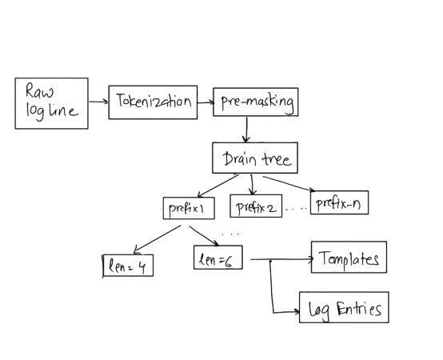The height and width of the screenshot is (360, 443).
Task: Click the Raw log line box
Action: (51, 103)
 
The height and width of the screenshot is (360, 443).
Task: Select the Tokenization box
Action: (153, 102)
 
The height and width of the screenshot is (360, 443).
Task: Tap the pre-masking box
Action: (255, 102)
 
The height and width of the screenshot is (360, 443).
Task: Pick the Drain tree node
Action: (255, 158)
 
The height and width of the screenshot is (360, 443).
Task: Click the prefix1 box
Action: (189, 208)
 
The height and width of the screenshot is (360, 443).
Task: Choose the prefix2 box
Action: (256, 206)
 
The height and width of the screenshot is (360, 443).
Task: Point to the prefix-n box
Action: (339, 202)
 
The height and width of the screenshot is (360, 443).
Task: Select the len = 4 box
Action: (128, 266)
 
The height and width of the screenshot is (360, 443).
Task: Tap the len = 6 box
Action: (218, 257)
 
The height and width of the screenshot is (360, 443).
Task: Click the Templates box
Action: (349, 257)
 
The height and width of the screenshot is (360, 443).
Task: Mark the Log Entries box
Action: (344, 307)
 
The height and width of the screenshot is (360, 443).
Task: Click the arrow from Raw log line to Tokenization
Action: (98, 102)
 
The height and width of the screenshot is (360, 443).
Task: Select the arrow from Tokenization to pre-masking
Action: (206, 102)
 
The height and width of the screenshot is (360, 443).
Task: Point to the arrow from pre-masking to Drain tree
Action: (246, 130)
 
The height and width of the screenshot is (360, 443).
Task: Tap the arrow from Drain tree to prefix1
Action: (218, 186)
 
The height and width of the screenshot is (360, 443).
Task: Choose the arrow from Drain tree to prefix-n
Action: (289, 184)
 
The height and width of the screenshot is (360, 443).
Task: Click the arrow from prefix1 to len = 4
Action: (157, 239)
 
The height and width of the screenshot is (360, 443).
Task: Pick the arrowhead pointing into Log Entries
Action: (297, 312)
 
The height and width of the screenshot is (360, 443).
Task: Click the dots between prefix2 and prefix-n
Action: (296, 209)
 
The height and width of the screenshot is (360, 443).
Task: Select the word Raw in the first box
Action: (39, 90)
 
